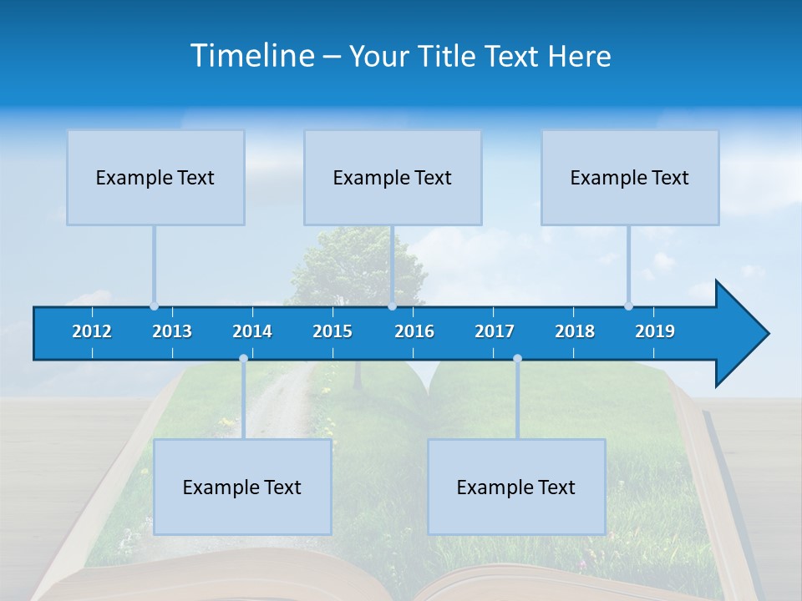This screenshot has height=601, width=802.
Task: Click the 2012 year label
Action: [x=92, y=331]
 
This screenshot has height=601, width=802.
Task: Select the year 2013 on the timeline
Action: [x=172, y=331]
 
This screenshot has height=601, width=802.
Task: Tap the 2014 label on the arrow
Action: [x=252, y=331]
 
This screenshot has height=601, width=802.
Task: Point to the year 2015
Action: [x=332, y=331]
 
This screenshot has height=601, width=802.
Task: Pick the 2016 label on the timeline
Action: [x=414, y=331]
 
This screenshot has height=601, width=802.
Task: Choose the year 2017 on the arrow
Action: [x=495, y=331]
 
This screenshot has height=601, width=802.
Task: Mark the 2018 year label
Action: [x=575, y=331]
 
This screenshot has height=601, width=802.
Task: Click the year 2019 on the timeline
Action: [x=655, y=331]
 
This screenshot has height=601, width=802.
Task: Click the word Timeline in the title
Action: [x=252, y=56]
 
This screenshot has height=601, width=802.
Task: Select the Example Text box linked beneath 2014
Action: [x=242, y=487]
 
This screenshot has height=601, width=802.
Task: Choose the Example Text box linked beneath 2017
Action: [x=516, y=487]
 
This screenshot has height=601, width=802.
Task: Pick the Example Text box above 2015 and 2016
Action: [x=393, y=178]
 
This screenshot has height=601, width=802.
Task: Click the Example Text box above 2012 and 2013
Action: [x=155, y=178]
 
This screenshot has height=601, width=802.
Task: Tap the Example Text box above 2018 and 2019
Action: [x=630, y=178]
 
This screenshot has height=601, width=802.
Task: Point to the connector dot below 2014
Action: [x=243, y=358]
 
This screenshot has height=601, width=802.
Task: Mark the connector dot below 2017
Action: [x=517, y=358]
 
